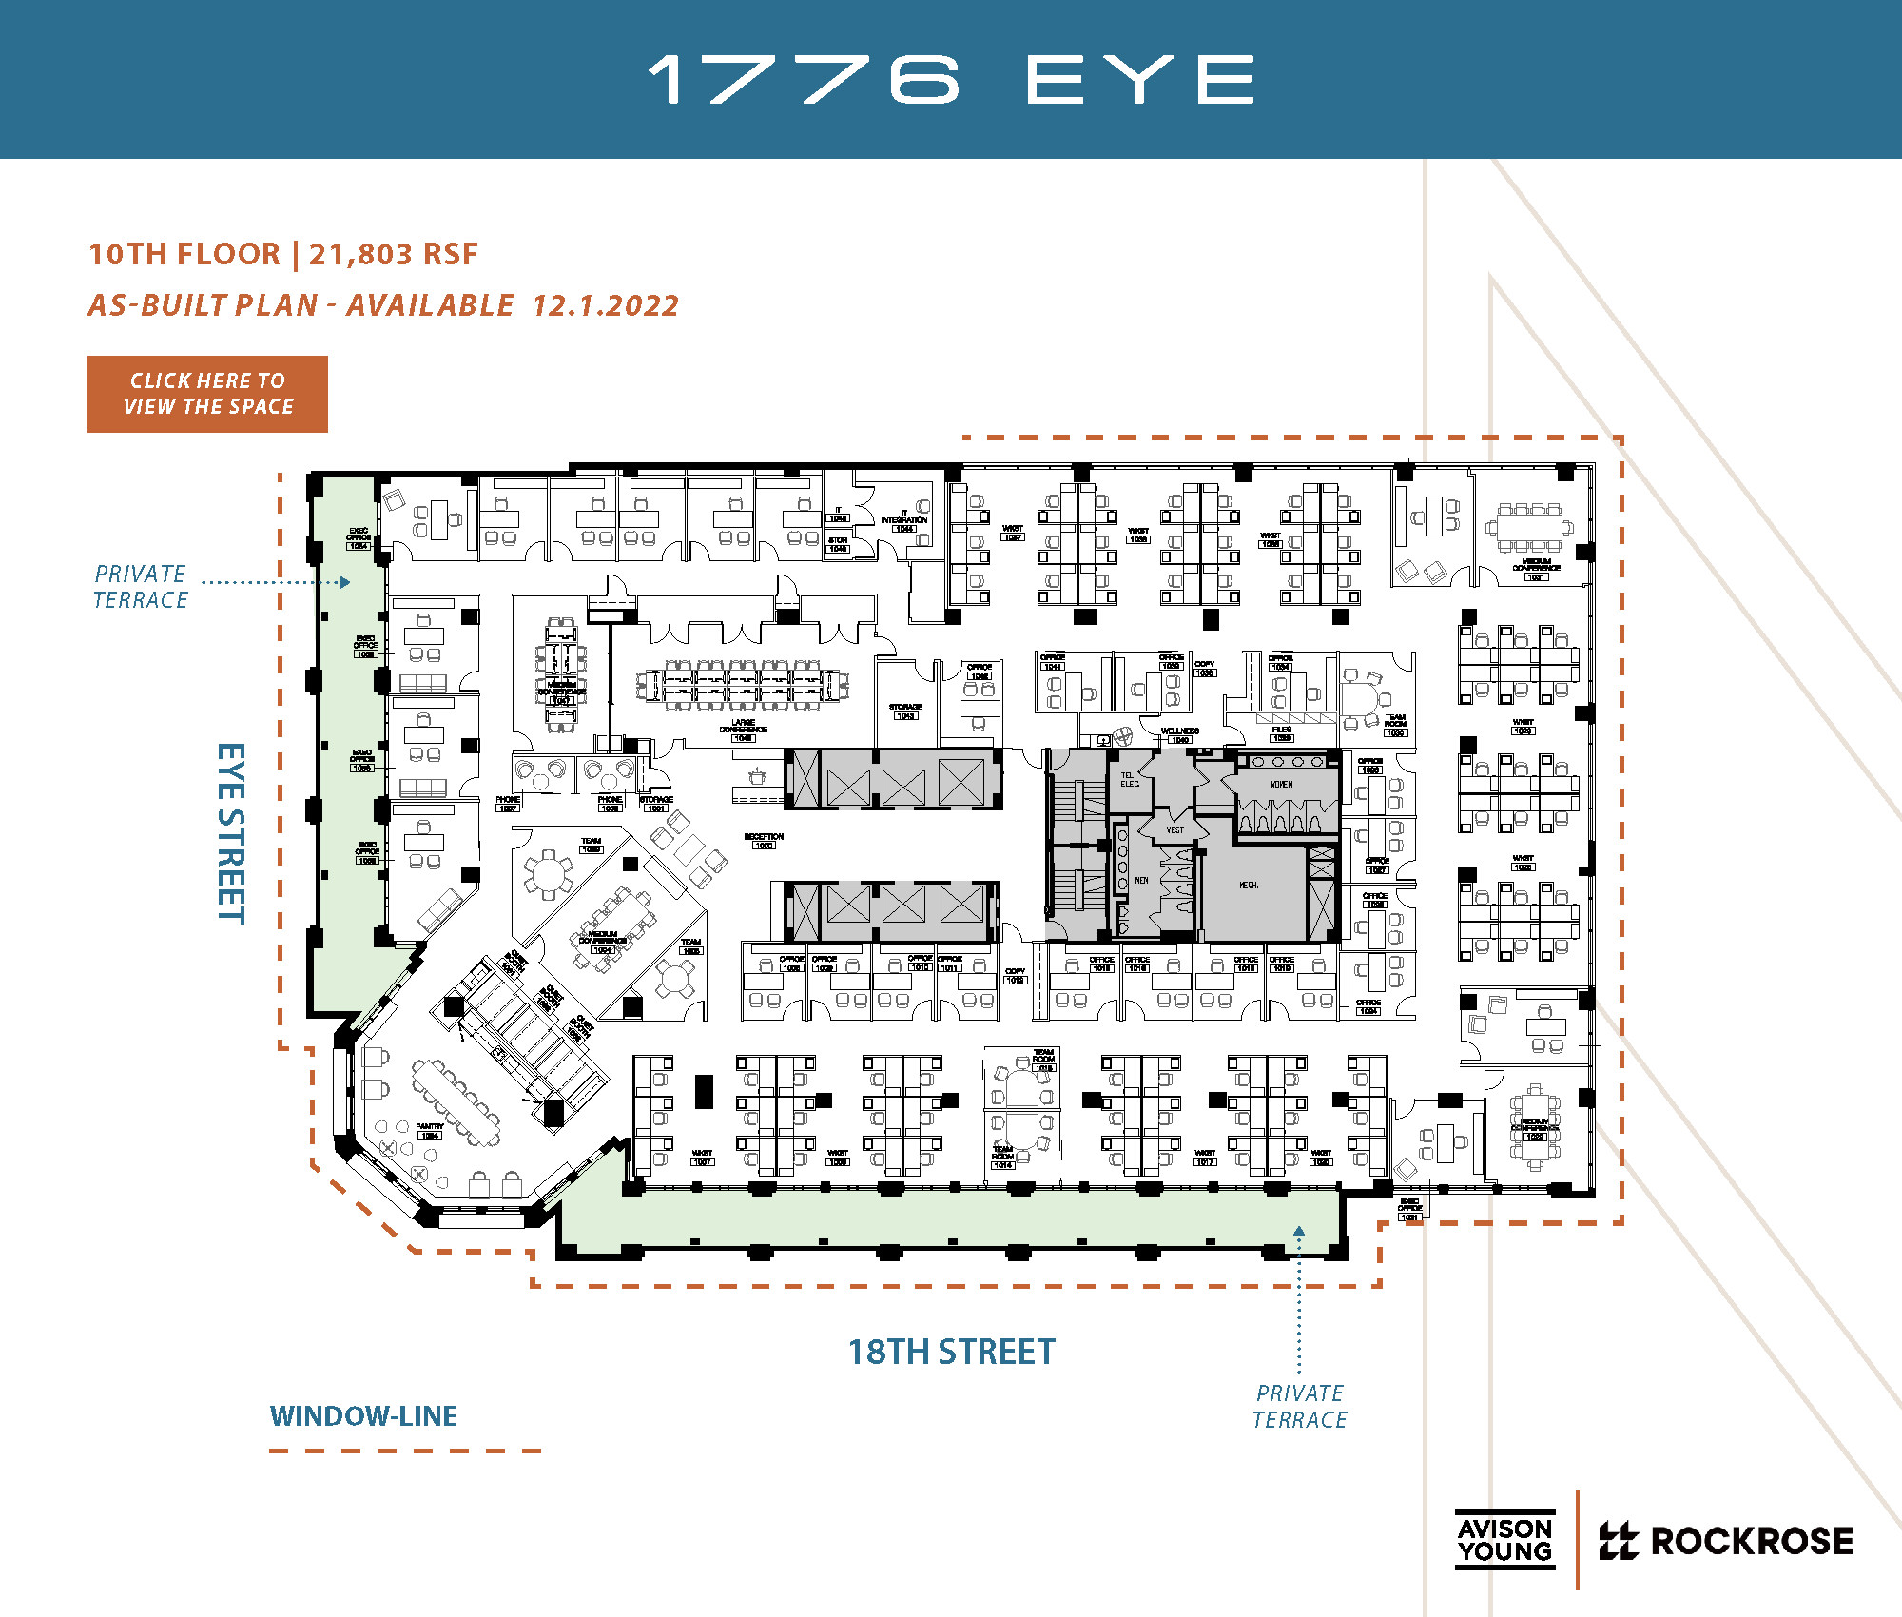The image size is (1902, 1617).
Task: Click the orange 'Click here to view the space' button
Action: click(207, 394)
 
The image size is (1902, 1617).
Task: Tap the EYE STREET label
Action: click(231, 832)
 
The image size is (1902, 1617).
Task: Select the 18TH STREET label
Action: click(951, 1352)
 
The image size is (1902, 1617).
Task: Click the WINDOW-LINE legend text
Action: click(363, 1416)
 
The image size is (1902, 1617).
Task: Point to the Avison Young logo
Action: click(1504, 1539)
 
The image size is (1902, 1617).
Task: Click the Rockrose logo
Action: click(1726, 1541)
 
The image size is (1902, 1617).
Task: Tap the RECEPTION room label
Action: click(764, 838)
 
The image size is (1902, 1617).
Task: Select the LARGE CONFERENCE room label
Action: click(744, 728)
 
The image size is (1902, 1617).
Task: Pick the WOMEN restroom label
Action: click(1282, 785)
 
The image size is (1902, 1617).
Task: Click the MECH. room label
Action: click(1249, 886)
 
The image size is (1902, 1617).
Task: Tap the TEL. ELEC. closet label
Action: click(1129, 780)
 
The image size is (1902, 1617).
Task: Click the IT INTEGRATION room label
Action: click(903, 517)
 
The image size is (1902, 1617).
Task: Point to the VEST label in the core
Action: click(1175, 830)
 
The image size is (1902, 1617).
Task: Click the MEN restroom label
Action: click(1141, 881)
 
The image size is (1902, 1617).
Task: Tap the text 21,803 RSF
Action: click(394, 254)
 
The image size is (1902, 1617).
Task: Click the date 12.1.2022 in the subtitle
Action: click(606, 305)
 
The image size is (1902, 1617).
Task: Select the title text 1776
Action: click(804, 80)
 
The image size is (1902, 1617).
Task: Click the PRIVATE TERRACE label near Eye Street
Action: click(141, 587)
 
